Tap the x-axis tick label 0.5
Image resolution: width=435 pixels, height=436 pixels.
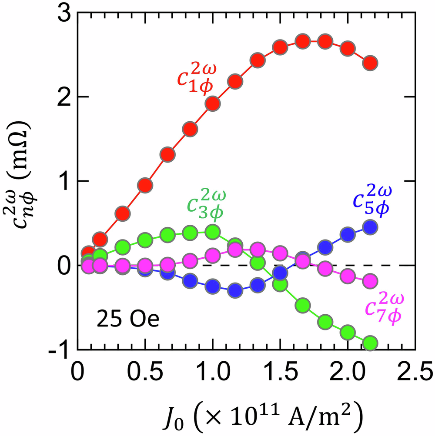[x=145, y=373]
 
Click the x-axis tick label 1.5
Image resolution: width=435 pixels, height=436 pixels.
[x=280, y=373]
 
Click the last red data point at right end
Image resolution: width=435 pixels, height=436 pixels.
[x=371, y=63]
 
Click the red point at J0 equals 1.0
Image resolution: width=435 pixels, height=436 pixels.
[x=213, y=103]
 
